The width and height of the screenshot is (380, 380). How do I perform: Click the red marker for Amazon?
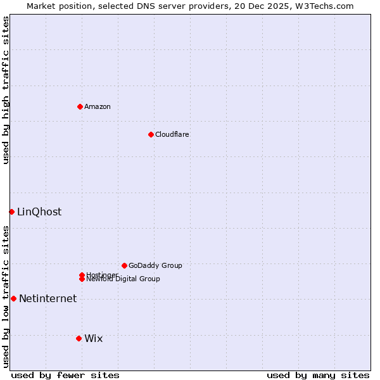tap(80, 106)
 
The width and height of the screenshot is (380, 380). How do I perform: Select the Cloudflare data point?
tap(151, 134)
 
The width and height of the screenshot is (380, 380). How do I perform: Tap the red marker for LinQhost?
tap(11, 212)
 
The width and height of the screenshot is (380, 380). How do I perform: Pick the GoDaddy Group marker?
tap(124, 265)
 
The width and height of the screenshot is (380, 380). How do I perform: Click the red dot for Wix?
tap(79, 338)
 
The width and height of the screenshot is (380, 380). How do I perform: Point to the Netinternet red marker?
tap(13, 298)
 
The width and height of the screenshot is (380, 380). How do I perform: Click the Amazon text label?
tap(98, 106)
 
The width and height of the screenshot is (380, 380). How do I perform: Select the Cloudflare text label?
tap(172, 134)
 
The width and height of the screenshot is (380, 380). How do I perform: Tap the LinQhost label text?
tap(39, 212)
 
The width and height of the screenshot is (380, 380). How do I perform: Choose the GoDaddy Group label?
tap(155, 265)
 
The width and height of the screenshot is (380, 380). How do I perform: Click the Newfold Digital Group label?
tap(123, 279)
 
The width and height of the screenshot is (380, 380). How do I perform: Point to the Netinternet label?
tap(47, 298)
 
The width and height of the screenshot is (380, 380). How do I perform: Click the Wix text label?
tap(93, 338)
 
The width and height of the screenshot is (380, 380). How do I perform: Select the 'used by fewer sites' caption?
tap(65, 375)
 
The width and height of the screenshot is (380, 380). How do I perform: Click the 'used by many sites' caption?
tap(318, 375)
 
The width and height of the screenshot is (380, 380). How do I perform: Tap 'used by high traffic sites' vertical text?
tap(6, 90)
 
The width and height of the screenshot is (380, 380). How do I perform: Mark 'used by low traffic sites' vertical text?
tap(6, 296)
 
